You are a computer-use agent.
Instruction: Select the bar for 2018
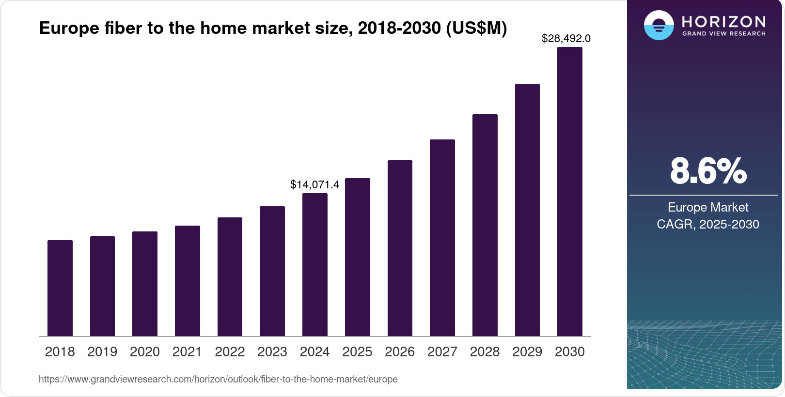tap(60, 288)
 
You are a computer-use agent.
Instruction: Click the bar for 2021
tap(188, 281)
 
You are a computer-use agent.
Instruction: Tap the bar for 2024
tap(315, 264)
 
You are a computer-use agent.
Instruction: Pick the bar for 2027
tap(442, 238)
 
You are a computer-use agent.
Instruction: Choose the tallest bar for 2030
tap(570, 191)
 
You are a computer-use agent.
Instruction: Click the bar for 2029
tap(527, 210)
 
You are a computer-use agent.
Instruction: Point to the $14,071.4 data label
tap(314, 184)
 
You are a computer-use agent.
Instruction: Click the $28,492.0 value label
tap(566, 38)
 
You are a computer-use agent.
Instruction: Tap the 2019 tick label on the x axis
tap(102, 352)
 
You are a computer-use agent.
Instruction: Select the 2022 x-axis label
tap(230, 352)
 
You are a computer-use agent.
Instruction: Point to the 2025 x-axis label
tap(357, 352)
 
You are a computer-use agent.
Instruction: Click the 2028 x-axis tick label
tap(485, 352)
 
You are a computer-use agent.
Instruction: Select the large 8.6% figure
tap(708, 171)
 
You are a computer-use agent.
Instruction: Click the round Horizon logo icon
tap(659, 25)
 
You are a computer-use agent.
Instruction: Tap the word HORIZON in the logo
tap(723, 21)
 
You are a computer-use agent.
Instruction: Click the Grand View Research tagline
tap(723, 34)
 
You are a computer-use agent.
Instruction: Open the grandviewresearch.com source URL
tap(218, 379)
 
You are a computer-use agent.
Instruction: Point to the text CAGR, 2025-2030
tap(708, 224)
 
